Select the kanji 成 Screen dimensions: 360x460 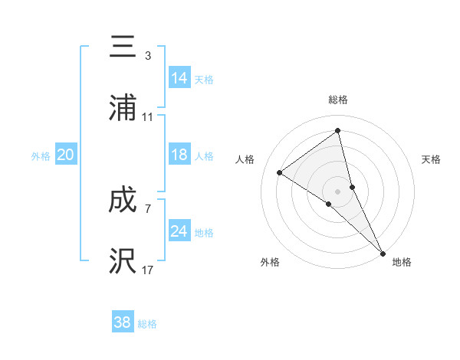[123, 200]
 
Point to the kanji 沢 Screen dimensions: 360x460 [123, 260]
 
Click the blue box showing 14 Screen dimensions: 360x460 [179, 78]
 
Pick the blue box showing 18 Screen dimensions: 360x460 [179, 155]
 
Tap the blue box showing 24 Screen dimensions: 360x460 [179, 231]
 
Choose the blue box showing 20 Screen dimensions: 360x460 [66, 155]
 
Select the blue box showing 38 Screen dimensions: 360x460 [123, 322]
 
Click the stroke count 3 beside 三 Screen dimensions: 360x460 [147, 56]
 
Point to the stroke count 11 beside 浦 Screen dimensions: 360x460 [148, 117]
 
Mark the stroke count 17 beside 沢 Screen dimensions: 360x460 [148, 270]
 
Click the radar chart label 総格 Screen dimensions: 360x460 [338, 100]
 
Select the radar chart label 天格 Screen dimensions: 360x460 [431, 159]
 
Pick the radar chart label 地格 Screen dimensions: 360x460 [402, 263]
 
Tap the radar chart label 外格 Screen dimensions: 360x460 [270, 263]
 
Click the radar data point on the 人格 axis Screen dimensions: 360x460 [279, 172]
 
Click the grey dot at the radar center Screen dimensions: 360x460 [338, 191]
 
